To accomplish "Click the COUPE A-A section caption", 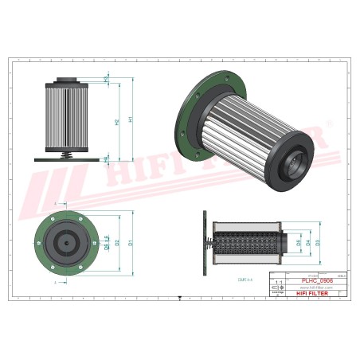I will pos(245,280).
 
